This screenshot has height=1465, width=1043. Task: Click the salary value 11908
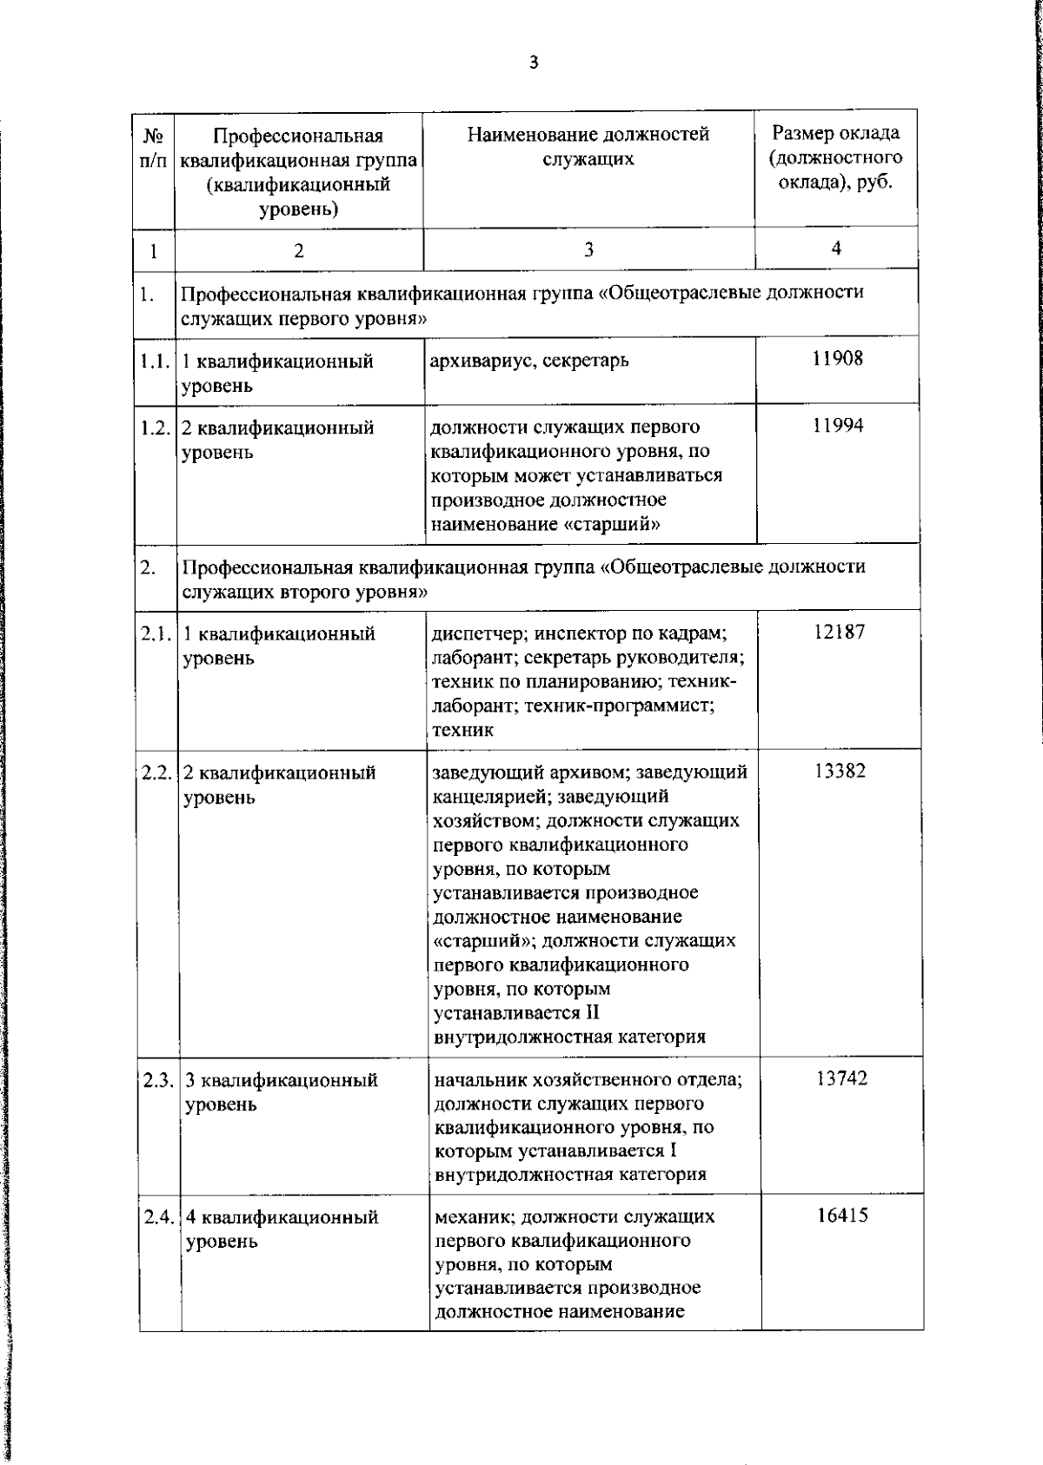coord(838,358)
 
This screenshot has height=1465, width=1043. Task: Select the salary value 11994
coord(838,425)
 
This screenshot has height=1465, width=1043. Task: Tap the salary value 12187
coord(840,632)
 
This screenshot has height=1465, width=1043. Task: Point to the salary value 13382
coord(840,771)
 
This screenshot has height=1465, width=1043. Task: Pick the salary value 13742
coord(841,1078)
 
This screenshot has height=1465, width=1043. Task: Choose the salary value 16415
coord(842,1215)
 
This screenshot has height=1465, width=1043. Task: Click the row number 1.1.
coord(155,361)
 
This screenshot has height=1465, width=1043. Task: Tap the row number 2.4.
coord(160,1216)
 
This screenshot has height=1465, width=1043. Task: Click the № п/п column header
coord(153,149)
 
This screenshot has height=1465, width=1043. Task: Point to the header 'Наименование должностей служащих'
coord(588,146)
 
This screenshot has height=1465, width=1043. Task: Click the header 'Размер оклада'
coord(836,134)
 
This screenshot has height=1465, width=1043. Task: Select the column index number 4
coord(836,249)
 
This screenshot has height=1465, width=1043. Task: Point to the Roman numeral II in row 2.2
coord(590,1012)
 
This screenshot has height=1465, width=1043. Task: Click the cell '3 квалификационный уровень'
coord(282,1091)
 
